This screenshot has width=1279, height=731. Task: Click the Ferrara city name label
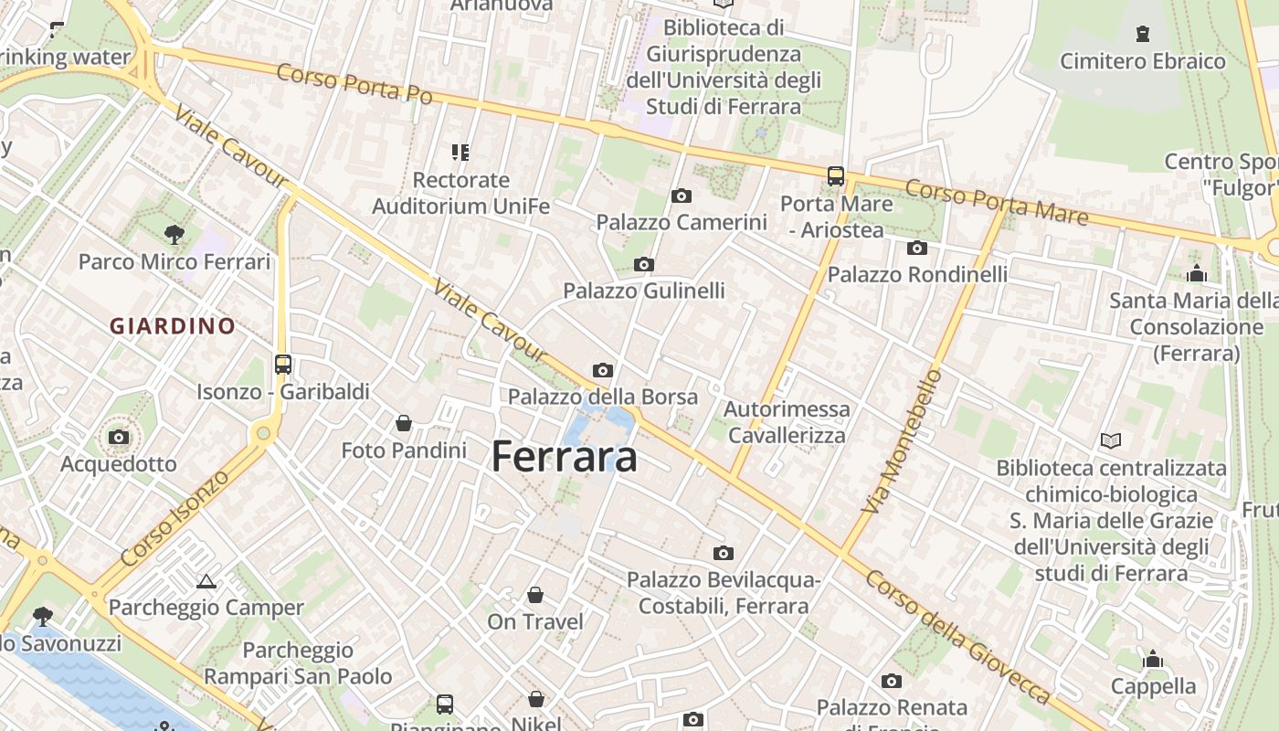(564, 456)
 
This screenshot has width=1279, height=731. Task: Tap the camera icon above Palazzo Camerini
(681, 196)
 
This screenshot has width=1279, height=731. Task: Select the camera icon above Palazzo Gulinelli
(644, 265)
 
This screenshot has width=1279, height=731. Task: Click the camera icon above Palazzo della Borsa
(602, 370)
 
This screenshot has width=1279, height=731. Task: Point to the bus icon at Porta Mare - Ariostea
(835, 176)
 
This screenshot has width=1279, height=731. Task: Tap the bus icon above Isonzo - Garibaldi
(283, 365)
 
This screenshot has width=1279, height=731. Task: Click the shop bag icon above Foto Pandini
(403, 423)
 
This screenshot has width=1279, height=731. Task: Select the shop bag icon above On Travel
(535, 595)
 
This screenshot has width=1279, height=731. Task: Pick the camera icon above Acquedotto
(119, 438)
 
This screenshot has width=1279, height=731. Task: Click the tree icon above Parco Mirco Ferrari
(174, 235)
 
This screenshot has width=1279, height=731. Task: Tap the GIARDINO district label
(173, 325)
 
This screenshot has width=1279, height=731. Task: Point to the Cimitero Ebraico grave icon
(1142, 35)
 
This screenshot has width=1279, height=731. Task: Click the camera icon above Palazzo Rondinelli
(917, 248)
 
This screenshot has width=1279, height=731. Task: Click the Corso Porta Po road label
(354, 83)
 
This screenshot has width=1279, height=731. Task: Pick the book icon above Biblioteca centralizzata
(1111, 441)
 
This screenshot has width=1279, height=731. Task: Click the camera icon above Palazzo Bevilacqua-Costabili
(724, 553)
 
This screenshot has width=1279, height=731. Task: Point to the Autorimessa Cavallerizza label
(787, 421)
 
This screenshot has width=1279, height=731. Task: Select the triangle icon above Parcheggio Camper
(206, 581)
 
